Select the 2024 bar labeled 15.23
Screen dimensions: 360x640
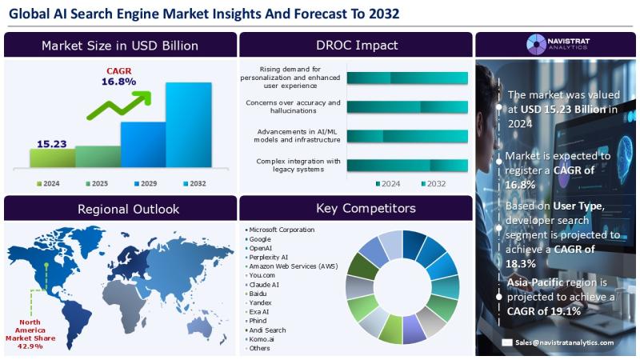(52, 158)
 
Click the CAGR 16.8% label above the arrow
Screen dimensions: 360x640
(119, 76)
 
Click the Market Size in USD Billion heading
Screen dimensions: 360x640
(120, 45)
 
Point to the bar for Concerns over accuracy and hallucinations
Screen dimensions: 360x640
(407, 107)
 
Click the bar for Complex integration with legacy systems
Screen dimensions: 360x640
(407, 166)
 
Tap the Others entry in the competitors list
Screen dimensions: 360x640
(260, 348)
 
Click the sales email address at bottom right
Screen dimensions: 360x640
(563, 342)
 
